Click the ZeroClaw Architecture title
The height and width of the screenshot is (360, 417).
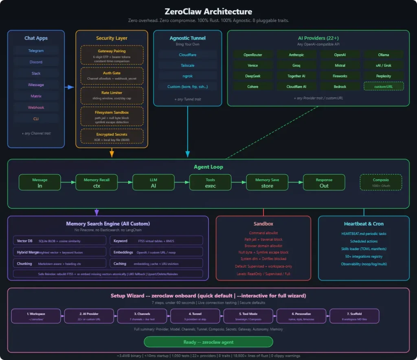pos(208,12)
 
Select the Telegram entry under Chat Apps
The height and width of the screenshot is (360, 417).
pos(36,51)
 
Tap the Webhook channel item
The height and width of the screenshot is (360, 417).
pos(36,108)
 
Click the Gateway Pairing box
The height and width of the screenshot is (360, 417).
pos(112,55)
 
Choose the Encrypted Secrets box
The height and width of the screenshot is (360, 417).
pos(112,137)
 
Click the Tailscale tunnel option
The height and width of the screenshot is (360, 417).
pos(187,65)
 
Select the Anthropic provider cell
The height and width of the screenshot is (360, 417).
pos(296,55)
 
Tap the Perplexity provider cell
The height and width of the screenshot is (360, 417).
pos(383,76)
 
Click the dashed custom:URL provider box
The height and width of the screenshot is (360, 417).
pos(383,86)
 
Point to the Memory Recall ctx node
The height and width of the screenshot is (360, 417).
pos(97,182)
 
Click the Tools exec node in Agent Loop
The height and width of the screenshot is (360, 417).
pos(210,182)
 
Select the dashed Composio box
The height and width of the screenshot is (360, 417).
pos(380,182)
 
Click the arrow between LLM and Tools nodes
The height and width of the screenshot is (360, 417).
pos(182,182)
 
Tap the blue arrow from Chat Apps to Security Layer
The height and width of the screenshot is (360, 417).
pos(70,87)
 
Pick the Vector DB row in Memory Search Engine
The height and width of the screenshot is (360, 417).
pos(59,241)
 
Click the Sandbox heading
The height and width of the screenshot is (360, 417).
pos(263,224)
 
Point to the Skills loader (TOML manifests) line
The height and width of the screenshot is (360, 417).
pos(364,249)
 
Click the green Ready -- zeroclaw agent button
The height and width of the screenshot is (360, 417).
pos(208,342)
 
